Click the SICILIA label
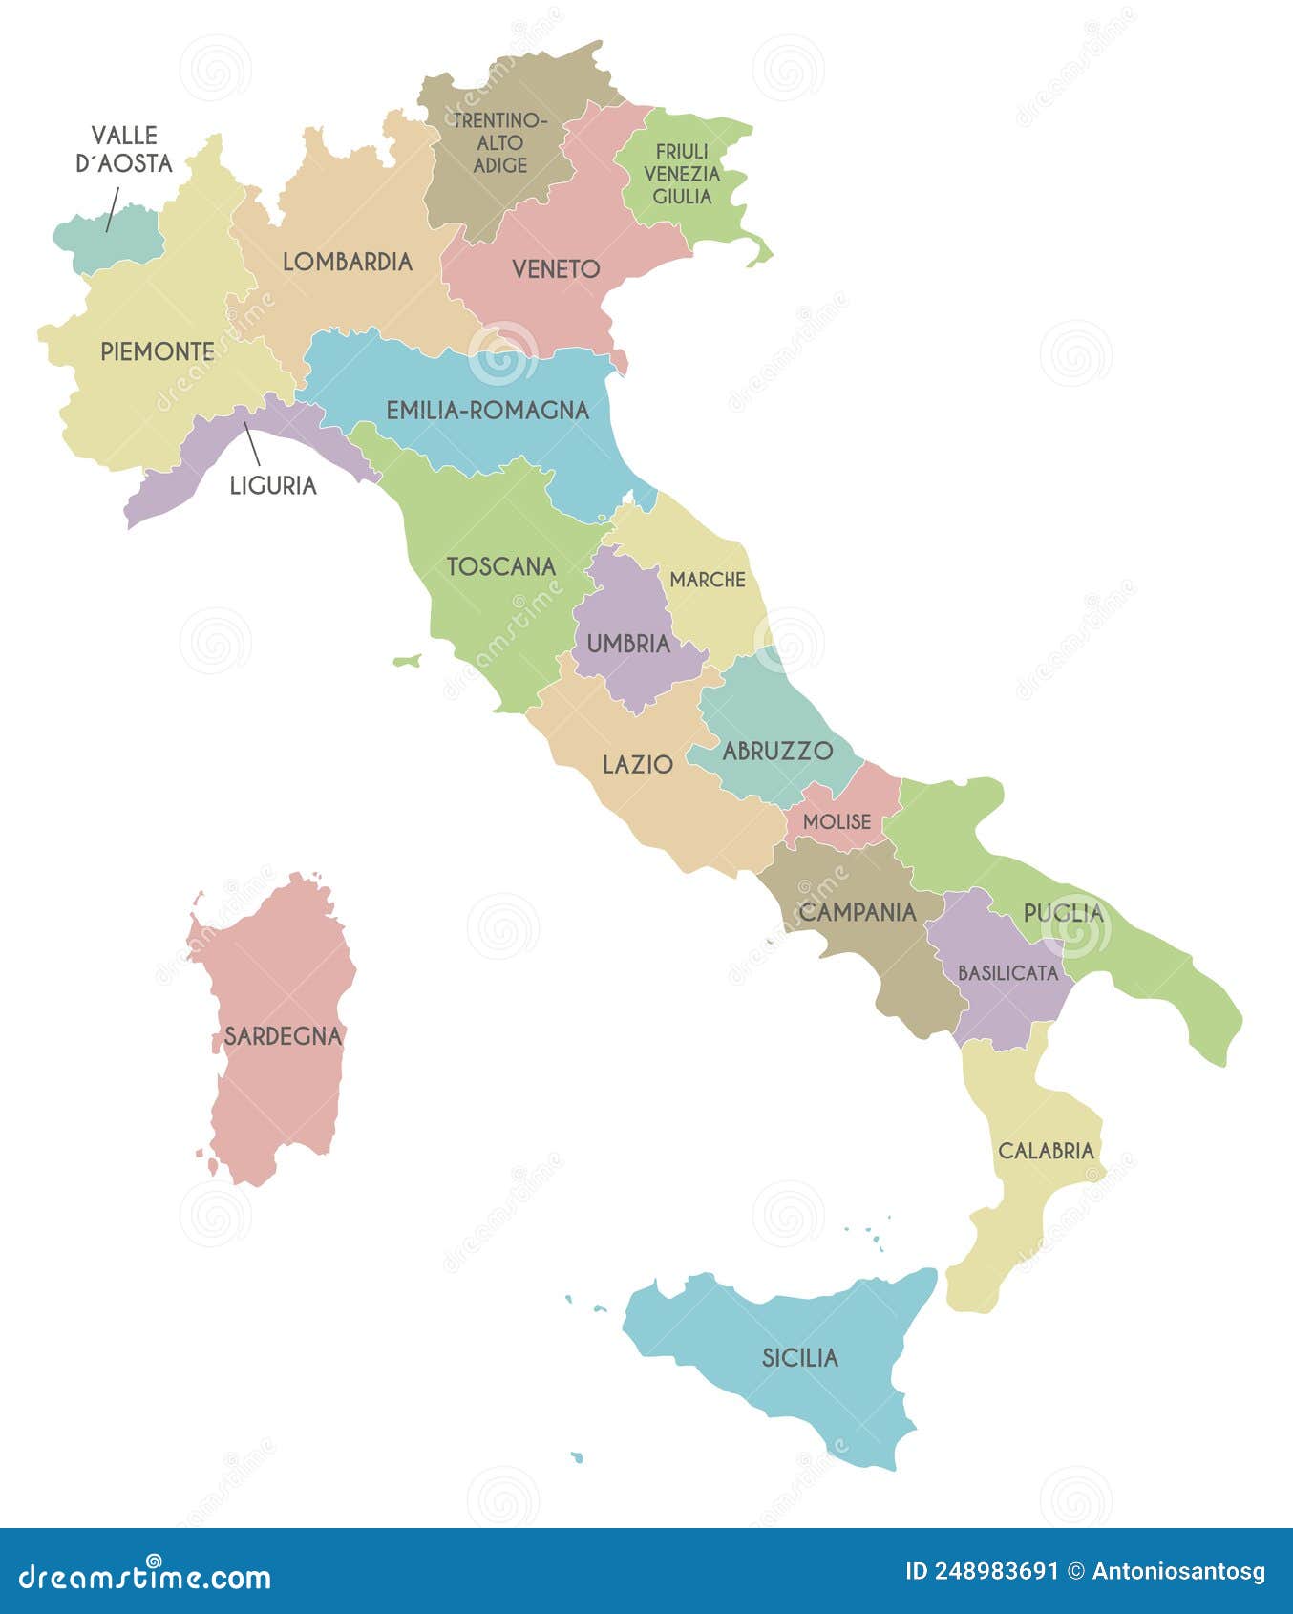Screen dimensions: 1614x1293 (799, 1357)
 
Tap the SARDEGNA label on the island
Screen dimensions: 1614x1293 (283, 1035)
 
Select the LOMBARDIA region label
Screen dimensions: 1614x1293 (348, 262)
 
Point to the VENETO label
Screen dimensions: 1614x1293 (556, 269)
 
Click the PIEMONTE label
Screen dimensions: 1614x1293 (158, 351)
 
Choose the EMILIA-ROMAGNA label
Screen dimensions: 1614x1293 (487, 411)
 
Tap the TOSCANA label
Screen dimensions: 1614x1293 (501, 566)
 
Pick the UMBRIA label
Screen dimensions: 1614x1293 (628, 644)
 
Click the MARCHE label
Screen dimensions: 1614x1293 (708, 580)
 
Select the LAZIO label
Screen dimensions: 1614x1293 (638, 764)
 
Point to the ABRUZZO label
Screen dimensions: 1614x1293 (777, 751)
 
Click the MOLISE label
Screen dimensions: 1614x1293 (837, 821)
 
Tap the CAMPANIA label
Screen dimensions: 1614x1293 (858, 912)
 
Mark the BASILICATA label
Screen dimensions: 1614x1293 (1007, 973)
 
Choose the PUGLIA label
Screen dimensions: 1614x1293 (1063, 913)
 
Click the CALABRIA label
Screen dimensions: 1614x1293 (1046, 1151)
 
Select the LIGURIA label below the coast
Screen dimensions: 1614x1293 (273, 485)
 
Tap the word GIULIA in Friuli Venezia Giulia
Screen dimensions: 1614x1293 (682, 197)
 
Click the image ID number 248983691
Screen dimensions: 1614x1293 (998, 1571)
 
